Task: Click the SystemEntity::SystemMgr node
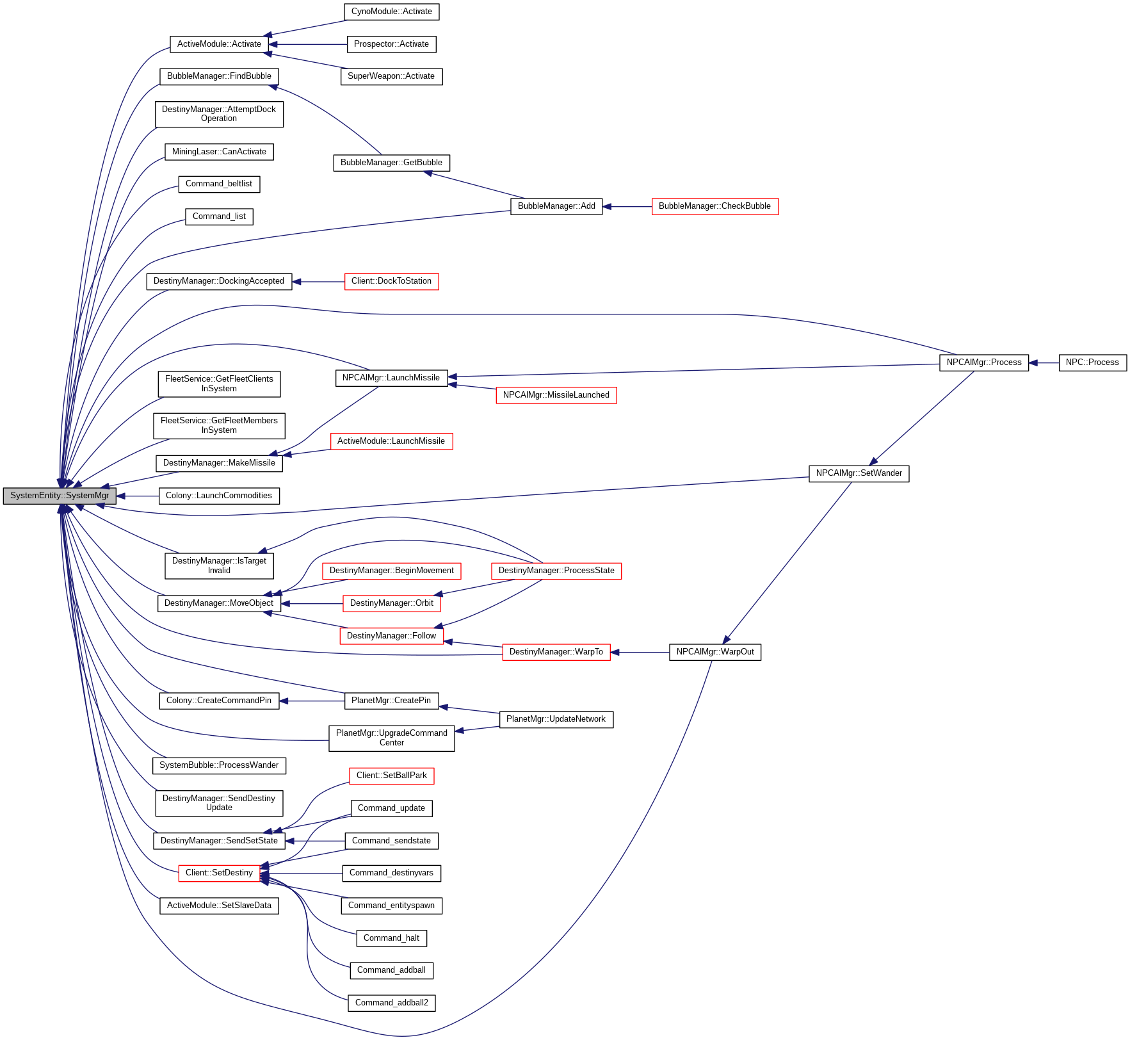[60, 496]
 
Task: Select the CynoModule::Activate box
[391, 12]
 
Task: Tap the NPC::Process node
[1092, 362]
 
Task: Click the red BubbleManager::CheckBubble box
[714, 206]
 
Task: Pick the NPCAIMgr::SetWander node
[859, 473]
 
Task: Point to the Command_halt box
[391, 938]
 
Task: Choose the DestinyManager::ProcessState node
[556, 571]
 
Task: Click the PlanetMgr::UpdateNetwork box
[556, 719]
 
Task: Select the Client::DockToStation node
[391, 281]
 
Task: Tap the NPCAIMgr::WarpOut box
[714, 652]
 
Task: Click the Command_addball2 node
[391, 1003]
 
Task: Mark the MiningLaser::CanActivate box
[219, 152]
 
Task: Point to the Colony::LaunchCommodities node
[219, 496]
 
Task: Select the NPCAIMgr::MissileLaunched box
[556, 395]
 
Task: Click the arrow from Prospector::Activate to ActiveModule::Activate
[308, 44]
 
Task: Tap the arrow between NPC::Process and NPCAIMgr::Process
[1044, 362]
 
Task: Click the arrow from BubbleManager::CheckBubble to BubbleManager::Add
[627, 206]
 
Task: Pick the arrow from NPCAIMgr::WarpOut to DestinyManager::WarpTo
[640, 652]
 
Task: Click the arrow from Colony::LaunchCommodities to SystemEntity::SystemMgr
[138, 496]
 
